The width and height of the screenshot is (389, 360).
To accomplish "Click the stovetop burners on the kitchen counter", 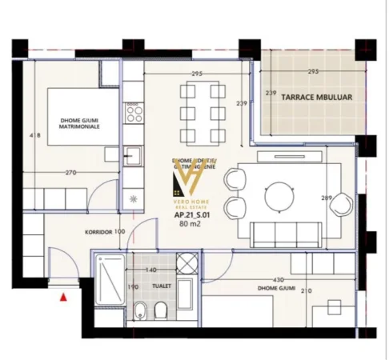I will coord(131,111).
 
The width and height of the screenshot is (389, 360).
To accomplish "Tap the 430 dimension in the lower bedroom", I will coord(278,280).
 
